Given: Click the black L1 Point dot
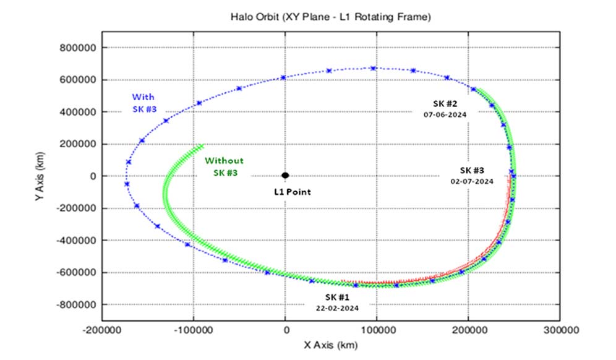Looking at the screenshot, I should (285, 176).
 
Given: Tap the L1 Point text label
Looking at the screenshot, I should (293, 192).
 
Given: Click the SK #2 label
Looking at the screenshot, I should (445, 103).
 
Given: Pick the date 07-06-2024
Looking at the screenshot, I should (445, 114).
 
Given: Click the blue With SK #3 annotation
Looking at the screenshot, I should (143, 102).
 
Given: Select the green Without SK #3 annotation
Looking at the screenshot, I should (225, 166).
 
